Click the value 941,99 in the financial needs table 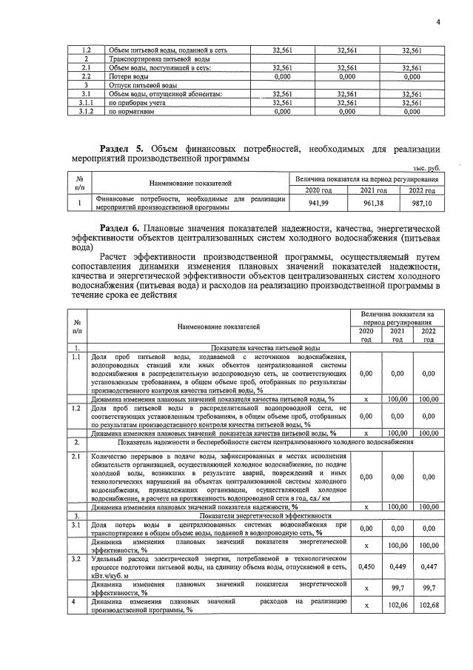[319, 203]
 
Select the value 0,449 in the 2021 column [397, 566]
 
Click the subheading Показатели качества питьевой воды [265, 347]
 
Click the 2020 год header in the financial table [319, 191]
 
